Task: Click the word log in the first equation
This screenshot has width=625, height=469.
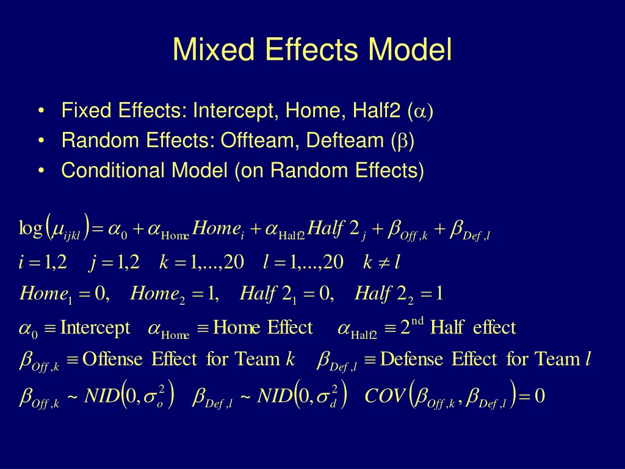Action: point(29,229)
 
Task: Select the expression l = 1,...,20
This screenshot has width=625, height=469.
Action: point(303,263)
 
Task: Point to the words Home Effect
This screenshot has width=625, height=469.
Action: point(262,328)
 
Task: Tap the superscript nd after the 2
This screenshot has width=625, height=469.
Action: point(416,321)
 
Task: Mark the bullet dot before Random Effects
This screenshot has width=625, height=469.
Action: point(40,141)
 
